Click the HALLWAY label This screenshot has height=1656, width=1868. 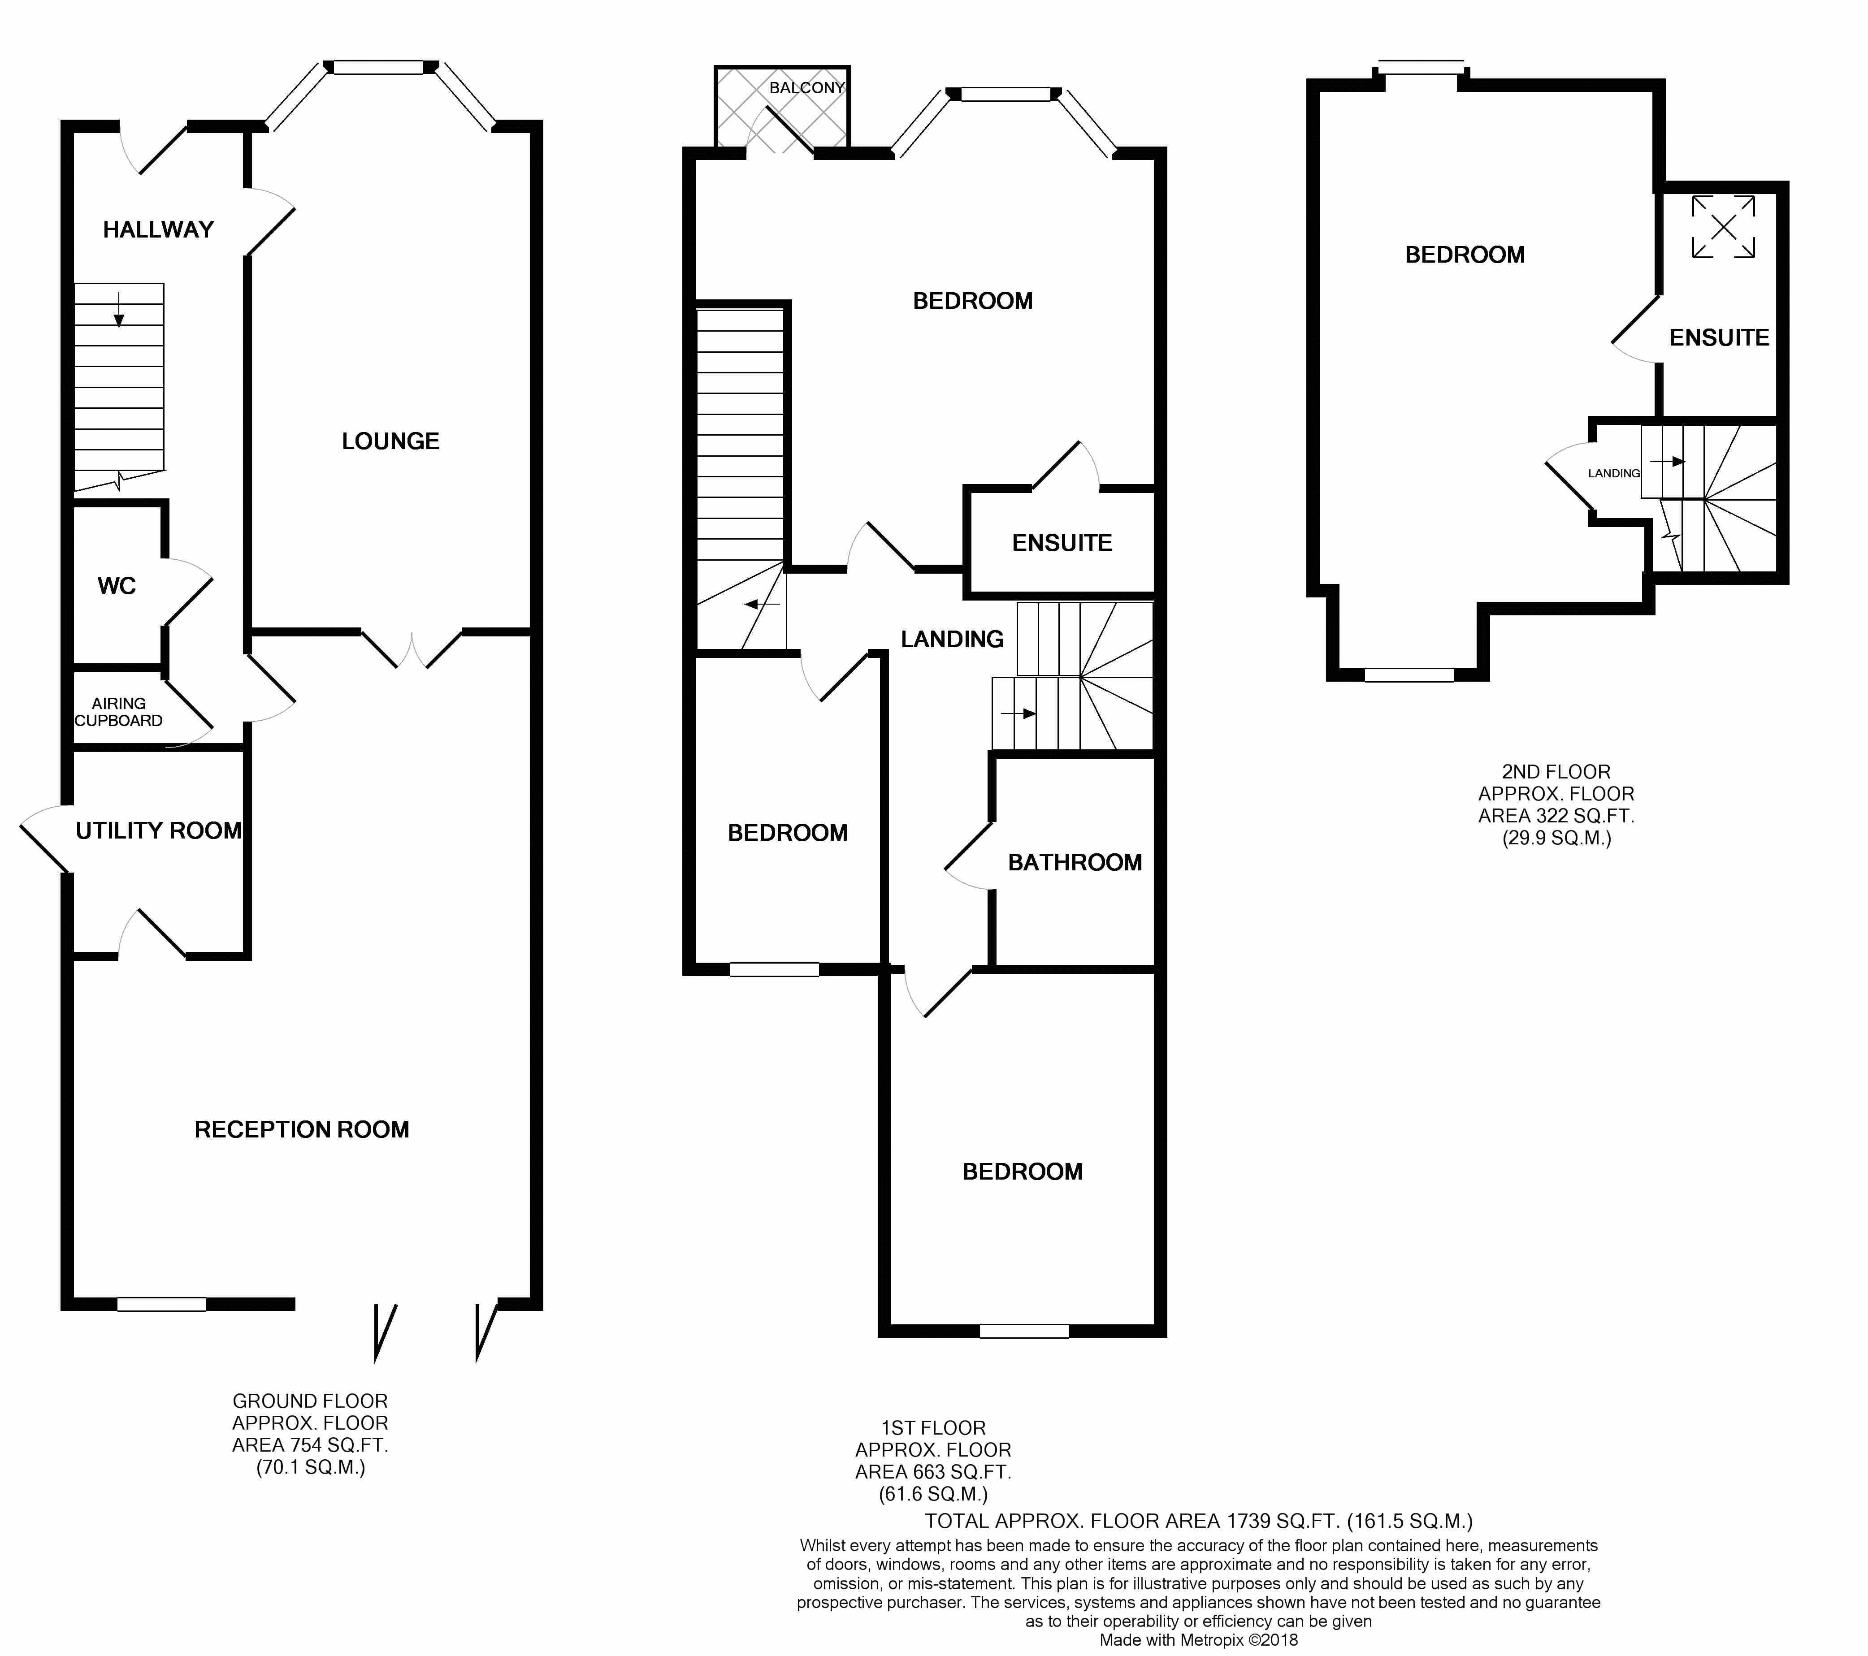[x=158, y=229]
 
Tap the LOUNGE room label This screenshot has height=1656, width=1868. [x=390, y=441]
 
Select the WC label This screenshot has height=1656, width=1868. [x=117, y=586]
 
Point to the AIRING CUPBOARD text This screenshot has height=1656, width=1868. [x=119, y=712]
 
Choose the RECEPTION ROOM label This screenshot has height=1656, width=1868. [x=302, y=1129]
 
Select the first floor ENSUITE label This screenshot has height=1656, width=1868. [x=1062, y=543]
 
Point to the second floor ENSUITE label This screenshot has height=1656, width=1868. [x=1719, y=338]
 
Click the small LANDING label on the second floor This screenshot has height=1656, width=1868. [x=1614, y=473]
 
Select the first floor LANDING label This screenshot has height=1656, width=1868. [x=952, y=639]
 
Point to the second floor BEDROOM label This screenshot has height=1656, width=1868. [x=1465, y=255]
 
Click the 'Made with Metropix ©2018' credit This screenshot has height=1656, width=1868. [x=1199, y=1640]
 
